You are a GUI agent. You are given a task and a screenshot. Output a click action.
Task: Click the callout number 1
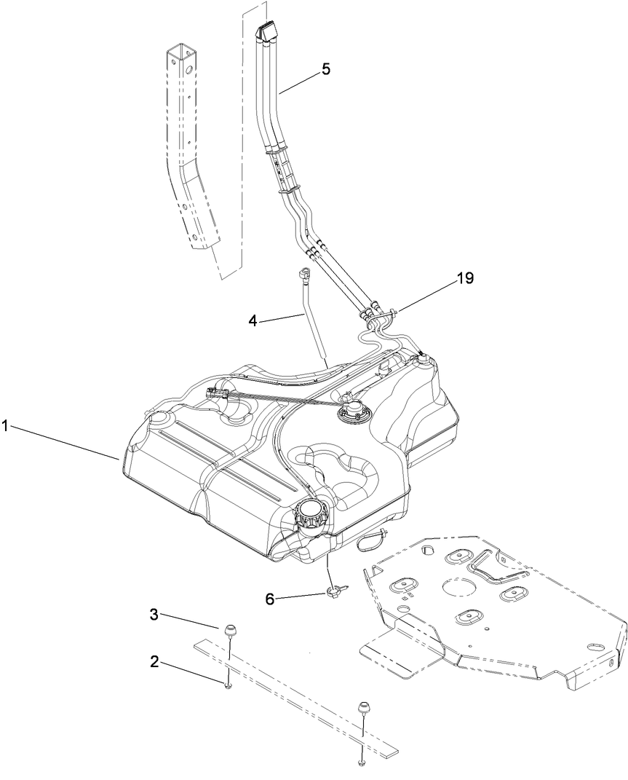pyautogui.click(x=6, y=426)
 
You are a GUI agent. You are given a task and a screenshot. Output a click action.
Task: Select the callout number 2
pyautogui.click(x=154, y=661)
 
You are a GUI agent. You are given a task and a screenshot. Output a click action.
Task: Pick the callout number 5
pyautogui.click(x=325, y=69)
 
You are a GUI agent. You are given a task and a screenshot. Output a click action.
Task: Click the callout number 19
pyautogui.click(x=465, y=277)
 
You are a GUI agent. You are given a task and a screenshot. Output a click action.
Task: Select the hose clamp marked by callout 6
pyautogui.click(x=335, y=592)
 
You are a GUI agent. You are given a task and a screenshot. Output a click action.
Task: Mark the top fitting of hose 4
pyautogui.click(x=303, y=274)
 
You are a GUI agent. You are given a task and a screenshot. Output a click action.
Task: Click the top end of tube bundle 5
pyautogui.click(x=266, y=31)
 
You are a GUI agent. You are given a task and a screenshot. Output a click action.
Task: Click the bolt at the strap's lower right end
pyautogui.click(x=362, y=762)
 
